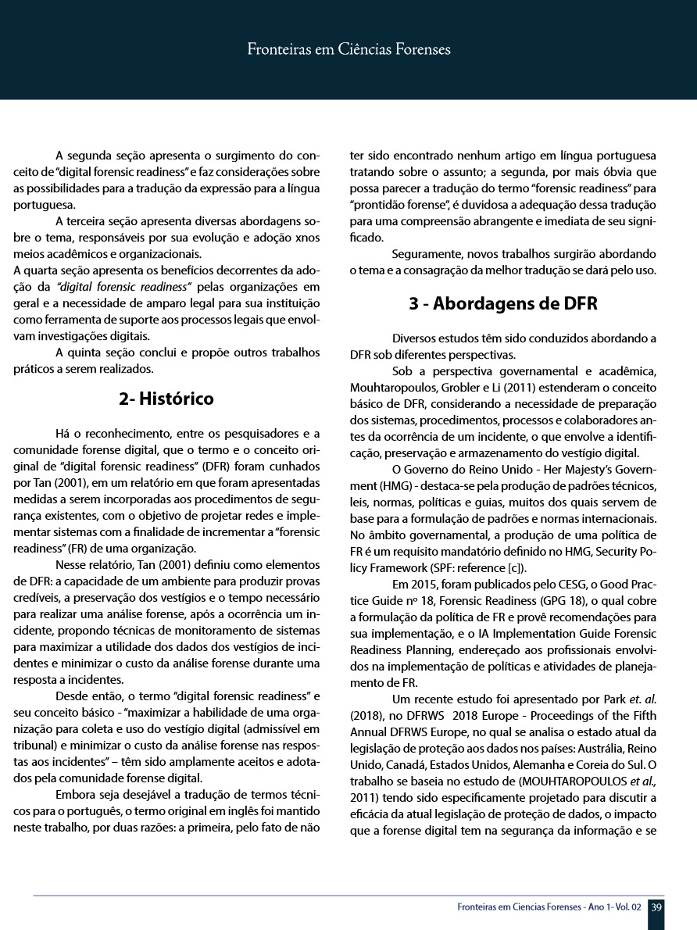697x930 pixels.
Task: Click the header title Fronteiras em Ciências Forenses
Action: (348, 50)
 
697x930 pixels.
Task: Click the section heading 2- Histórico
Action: (166, 399)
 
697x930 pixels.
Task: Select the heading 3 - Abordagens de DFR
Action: (503, 304)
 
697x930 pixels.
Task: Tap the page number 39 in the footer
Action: (657, 907)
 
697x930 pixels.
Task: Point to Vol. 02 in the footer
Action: (626, 907)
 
